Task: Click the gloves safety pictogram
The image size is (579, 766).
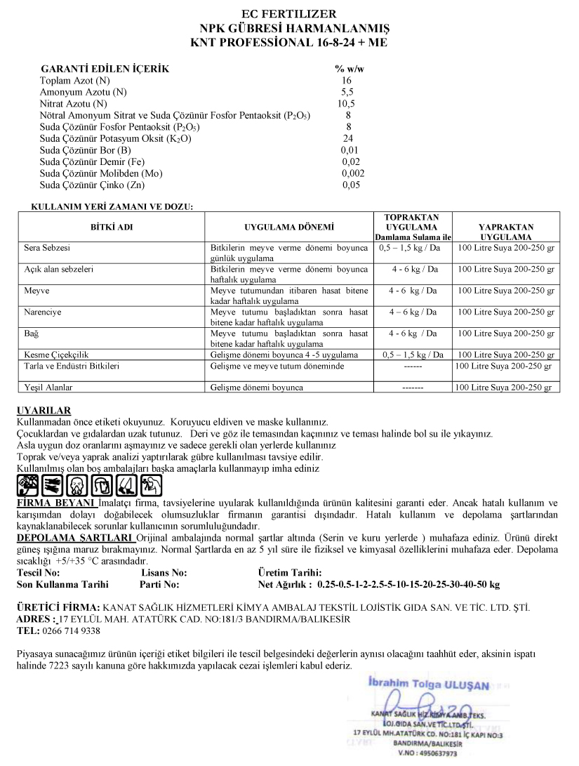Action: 52,485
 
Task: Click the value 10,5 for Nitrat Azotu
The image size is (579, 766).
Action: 347,104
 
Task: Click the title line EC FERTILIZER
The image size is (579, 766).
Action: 288,14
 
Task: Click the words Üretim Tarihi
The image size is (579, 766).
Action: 290,573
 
